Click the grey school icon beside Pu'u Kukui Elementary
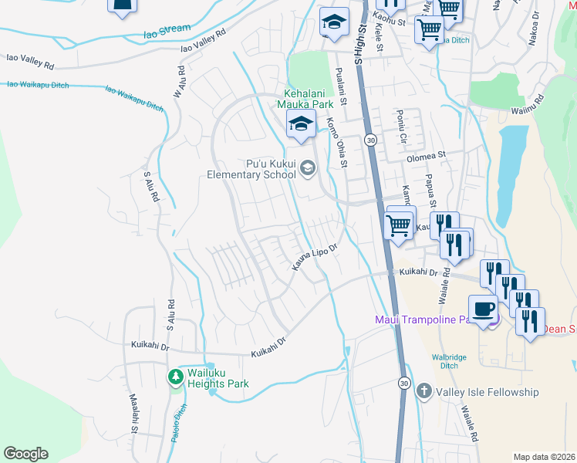click(x=308, y=168)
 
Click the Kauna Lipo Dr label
click(x=315, y=258)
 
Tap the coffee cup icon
click(x=483, y=309)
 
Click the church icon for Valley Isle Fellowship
click(x=423, y=392)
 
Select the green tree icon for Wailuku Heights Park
click(x=176, y=377)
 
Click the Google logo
click(x=25, y=454)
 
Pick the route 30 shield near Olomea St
click(x=371, y=140)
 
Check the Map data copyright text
click(x=543, y=456)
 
